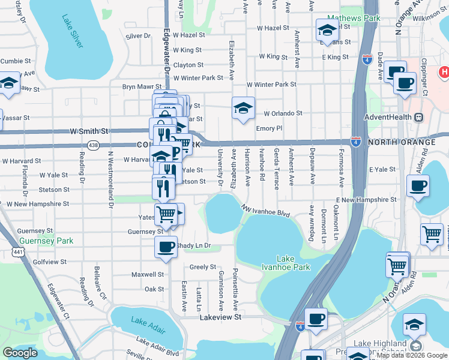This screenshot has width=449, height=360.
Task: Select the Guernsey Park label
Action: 46,241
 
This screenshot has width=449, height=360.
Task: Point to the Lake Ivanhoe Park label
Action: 277,263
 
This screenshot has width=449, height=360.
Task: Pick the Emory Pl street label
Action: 268,128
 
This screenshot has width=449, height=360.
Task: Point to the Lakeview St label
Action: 220,316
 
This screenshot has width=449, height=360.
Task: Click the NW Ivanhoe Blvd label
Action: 266,211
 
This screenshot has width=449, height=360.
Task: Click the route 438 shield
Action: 92,145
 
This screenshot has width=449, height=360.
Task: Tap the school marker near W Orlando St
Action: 243,108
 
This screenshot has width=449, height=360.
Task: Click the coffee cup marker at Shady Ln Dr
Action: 166,246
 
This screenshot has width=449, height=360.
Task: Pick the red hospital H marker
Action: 444,73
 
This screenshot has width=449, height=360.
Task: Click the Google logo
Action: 20,353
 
